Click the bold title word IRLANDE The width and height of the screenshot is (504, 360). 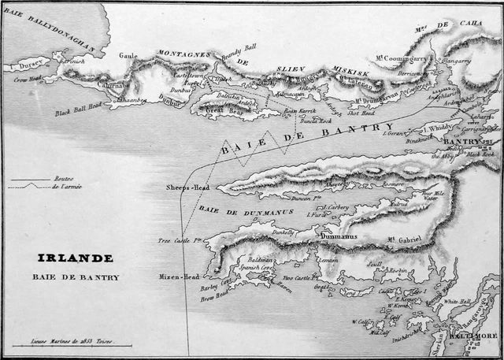75,258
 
